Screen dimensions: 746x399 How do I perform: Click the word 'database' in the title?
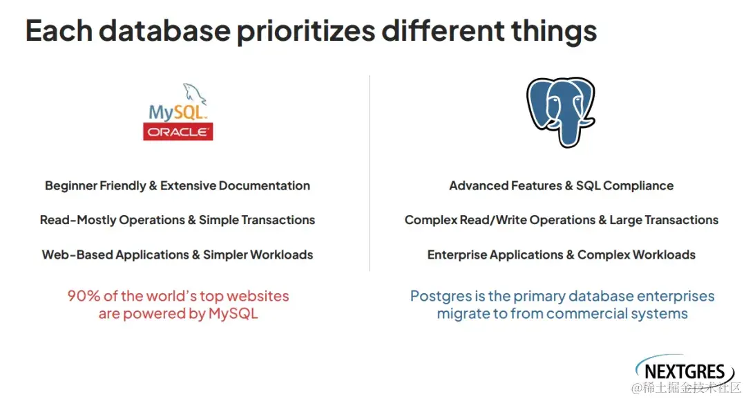point(164,30)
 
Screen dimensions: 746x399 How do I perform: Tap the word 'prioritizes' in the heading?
point(306,31)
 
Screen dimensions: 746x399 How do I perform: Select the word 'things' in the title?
point(554,31)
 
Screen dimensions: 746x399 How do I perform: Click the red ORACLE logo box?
point(178,132)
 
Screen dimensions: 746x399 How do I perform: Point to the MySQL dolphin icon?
point(195,93)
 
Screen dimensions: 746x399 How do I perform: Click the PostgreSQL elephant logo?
point(560,112)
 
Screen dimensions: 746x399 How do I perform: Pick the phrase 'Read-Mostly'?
point(78,220)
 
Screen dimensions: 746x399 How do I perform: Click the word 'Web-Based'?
point(77,254)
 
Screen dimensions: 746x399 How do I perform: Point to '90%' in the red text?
point(84,296)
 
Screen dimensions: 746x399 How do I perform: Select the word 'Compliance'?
point(638,186)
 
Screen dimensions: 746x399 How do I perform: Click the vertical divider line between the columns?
point(370,174)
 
